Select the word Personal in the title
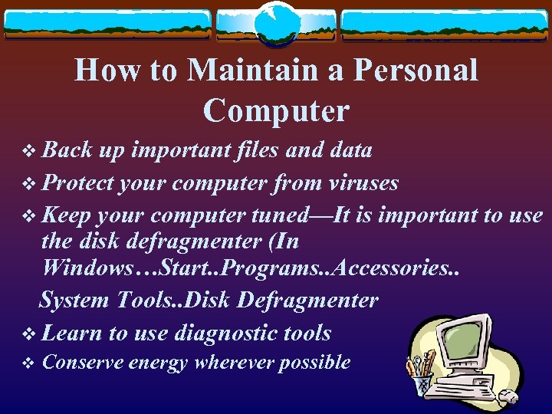tap(412, 71)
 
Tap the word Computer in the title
tap(276, 111)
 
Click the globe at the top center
tap(276, 25)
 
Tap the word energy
tap(158, 363)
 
